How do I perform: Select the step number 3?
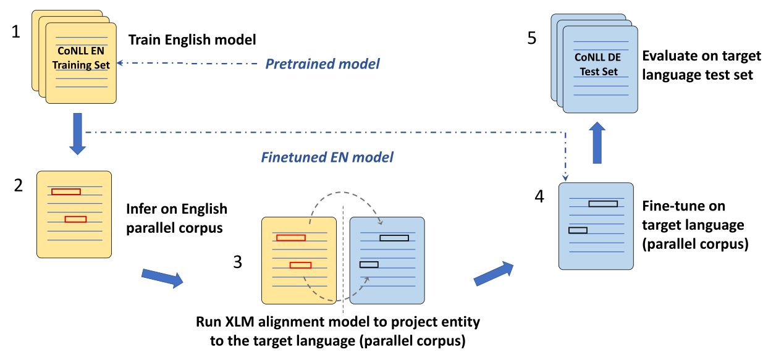[238, 262]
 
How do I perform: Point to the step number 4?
[539, 198]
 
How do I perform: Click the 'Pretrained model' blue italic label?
[323, 64]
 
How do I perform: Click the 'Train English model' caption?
[192, 40]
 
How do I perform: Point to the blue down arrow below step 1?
[77, 133]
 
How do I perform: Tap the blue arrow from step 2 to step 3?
[162, 277]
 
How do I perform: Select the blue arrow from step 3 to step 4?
[494, 273]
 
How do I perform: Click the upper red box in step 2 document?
[66, 191]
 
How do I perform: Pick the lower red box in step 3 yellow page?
[300, 266]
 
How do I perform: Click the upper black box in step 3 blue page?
[394, 237]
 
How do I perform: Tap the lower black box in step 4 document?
[578, 230]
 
